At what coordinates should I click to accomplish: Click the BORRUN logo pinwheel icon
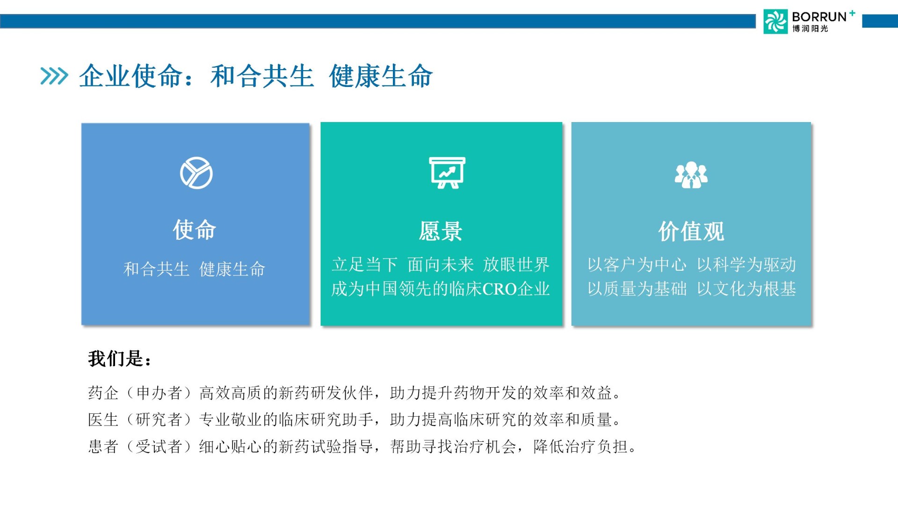pyautogui.click(x=775, y=22)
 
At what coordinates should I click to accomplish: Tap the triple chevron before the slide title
pyautogui.click(x=54, y=76)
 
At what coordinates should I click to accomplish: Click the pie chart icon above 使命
pyautogui.click(x=196, y=173)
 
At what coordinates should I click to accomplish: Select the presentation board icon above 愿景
pyautogui.click(x=448, y=173)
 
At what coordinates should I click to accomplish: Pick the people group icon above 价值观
pyautogui.click(x=691, y=175)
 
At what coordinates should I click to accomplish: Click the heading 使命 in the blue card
pyautogui.click(x=195, y=230)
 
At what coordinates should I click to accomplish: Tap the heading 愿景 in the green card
pyautogui.click(x=441, y=231)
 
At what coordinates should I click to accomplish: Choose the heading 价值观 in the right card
pyautogui.click(x=691, y=231)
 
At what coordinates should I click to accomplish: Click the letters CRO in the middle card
pyautogui.click(x=500, y=289)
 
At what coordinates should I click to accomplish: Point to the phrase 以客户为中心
pyautogui.click(x=637, y=265)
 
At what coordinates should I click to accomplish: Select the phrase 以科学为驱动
pyautogui.click(x=746, y=265)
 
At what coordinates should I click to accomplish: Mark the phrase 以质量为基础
pyautogui.click(x=637, y=289)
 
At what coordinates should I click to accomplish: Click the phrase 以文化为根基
pyautogui.click(x=746, y=289)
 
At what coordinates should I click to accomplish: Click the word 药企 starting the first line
pyautogui.click(x=103, y=393)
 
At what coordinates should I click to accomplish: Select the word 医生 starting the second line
pyautogui.click(x=103, y=419)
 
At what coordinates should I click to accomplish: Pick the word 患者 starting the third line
pyautogui.click(x=103, y=447)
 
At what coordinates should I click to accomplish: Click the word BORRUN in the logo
pyautogui.click(x=819, y=17)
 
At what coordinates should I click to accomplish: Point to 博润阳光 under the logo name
pyautogui.click(x=810, y=29)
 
